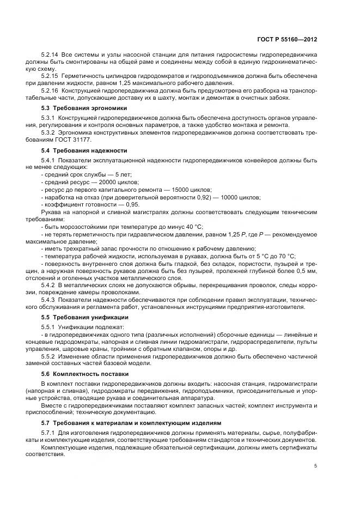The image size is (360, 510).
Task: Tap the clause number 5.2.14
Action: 49,56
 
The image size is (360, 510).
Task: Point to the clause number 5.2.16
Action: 49,90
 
